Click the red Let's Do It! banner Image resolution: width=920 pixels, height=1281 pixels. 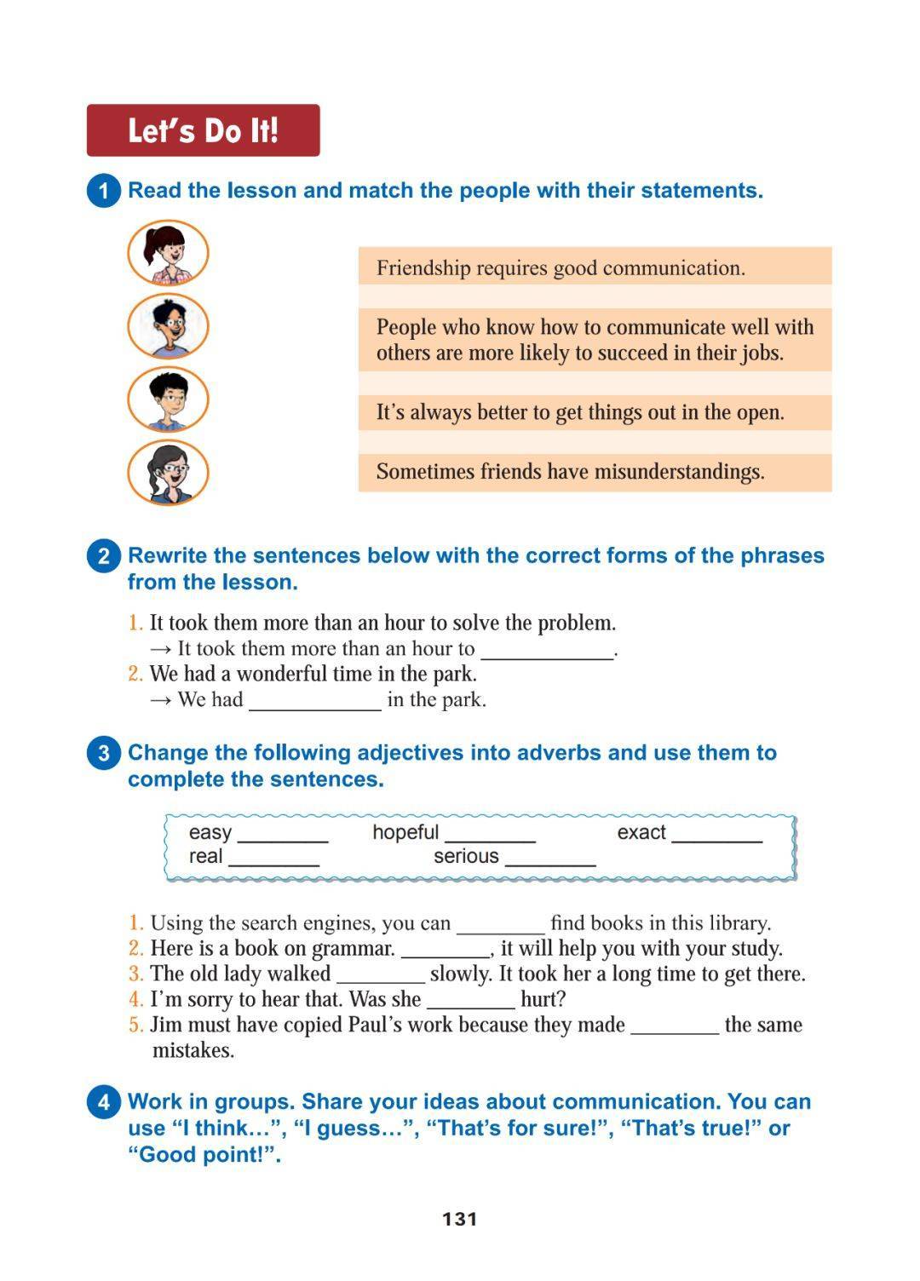(203, 130)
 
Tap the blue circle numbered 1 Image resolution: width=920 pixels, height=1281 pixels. (103, 190)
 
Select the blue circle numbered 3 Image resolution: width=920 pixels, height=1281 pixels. (103, 753)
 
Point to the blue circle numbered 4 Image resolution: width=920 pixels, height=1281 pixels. (103, 1102)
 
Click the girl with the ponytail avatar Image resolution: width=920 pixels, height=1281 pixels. (168, 252)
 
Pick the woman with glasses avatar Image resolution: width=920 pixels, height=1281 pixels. (168, 472)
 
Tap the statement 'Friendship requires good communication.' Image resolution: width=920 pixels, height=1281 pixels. (561, 268)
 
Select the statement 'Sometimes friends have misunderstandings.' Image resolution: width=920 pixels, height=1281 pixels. (570, 472)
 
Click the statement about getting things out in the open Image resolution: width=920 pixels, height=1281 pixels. (580, 413)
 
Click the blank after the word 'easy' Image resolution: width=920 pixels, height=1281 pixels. (283, 835)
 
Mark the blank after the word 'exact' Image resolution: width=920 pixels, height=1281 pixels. (717, 835)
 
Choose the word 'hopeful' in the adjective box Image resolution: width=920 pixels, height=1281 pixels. (405, 832)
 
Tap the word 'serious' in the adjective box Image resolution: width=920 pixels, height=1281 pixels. (466, 856)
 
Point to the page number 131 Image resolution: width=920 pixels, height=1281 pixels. (460, 1219)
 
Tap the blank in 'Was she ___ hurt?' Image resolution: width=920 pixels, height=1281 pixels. (471, 1002)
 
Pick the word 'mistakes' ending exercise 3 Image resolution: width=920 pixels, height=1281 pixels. (193, 1050)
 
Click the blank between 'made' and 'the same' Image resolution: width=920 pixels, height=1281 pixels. (675, 1027)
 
